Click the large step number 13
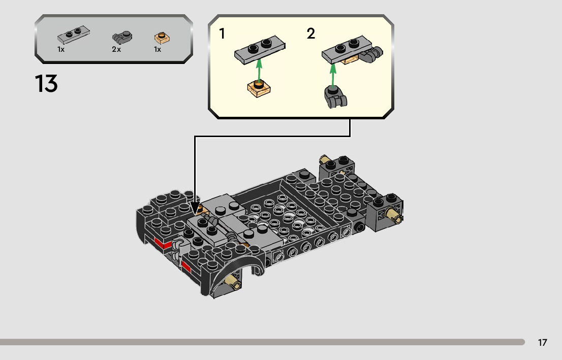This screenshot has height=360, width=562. [46, 84]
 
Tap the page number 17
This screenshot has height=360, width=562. [542, 343]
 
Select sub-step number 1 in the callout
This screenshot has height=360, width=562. [222, 34]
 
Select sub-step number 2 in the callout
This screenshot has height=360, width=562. [310, 34]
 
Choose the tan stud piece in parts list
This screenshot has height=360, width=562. [162, 37]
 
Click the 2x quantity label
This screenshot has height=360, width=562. [116, 50]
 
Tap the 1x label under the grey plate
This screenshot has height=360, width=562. [61, 50]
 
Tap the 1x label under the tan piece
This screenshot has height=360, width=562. [158, 50]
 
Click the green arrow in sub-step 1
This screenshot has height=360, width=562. [259, 71]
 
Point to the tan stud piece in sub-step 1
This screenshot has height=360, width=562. [259, 89]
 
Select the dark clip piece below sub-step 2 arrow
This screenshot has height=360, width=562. [334, 96]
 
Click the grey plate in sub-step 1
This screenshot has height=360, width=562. [259, 50]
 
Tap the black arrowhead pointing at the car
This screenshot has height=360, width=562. [195, 209]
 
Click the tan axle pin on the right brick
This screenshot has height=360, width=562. [394, 215]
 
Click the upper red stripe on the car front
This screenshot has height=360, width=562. [163, 244]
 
